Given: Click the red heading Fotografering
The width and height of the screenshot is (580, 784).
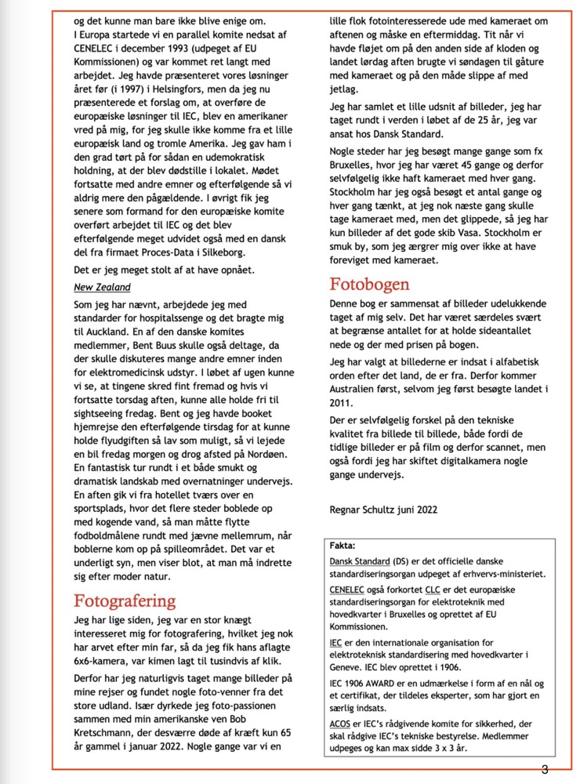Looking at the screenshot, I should click(x=125, y=601).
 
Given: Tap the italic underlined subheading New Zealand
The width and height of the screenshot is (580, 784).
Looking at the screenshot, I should click(x=102, y=288).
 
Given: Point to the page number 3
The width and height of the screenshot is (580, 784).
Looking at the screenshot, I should click(x=544, y=768).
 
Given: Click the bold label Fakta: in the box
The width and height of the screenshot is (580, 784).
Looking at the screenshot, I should click(x=343, y=545).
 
